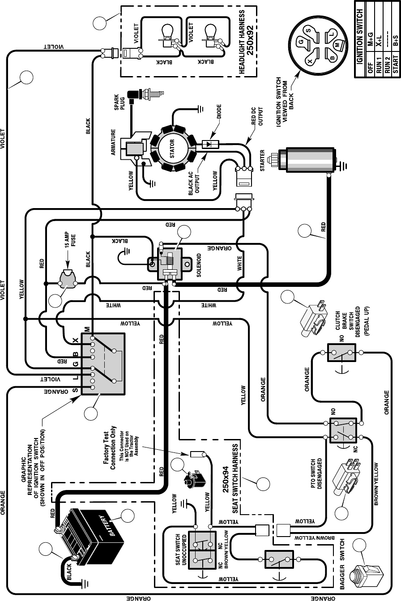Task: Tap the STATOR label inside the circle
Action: pyautogui.click(x=172, y=149)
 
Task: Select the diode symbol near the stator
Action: pyautogui.click(x=210, y=145)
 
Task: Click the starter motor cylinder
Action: pyautogui.click(x=306, y=159)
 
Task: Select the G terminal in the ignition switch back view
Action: pyautogui.click(x=302, y=42)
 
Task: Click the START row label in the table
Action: pyautogui.click(x=396, y=64)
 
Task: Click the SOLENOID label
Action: pyautogui.click(x=199, y=265)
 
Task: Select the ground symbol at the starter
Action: pyautogui.click(x=342, y=166)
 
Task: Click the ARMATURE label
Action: pyautogui.click(x=113, y=142)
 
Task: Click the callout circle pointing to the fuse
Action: pyautogui.click(x=55, y=301)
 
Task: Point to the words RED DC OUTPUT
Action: pyautogui.click(x=257, y=116)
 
